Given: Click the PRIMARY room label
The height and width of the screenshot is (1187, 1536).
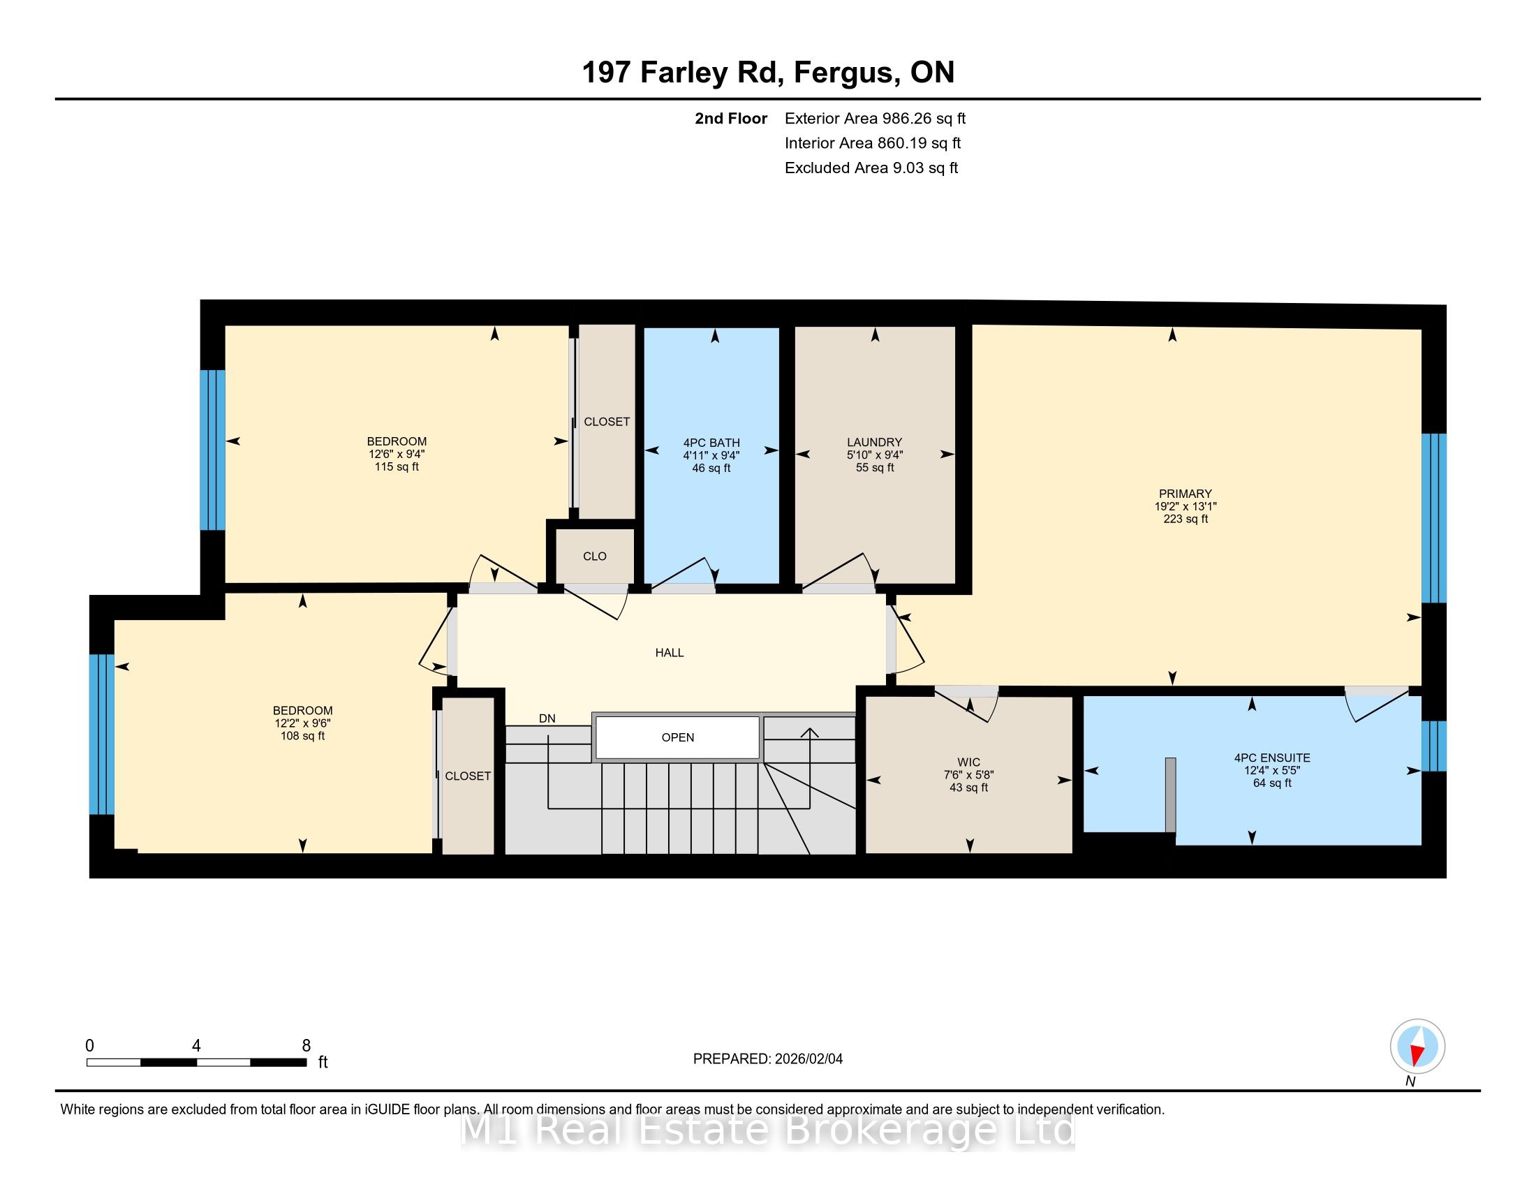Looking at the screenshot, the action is (x=1185, y=494).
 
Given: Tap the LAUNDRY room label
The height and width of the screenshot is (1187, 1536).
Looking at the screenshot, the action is (x=874, y=442).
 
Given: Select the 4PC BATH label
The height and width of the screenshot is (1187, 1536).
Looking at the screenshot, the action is (x=711, y=443).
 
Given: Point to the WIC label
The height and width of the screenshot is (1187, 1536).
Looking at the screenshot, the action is (x=968, y=762).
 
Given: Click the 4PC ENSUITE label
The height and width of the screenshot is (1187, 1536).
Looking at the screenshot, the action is (x=1271, y=758).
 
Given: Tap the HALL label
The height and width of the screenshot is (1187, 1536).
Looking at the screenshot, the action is (x=669, y=653).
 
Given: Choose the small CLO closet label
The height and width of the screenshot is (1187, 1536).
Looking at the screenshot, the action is (x=594, y=556).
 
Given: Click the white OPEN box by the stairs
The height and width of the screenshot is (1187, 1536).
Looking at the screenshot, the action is (x=677, y=737).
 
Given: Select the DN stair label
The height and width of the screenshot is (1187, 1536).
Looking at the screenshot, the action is (x=547, y=718).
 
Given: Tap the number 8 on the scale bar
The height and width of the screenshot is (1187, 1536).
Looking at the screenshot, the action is (x=306, y=1046).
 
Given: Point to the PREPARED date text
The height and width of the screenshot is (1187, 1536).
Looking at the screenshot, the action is (x=767, y=1059).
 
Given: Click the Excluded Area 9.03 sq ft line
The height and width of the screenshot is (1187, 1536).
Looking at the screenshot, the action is (x=871, y=168).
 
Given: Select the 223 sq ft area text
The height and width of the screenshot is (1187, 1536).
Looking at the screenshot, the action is (x=1185, y=519).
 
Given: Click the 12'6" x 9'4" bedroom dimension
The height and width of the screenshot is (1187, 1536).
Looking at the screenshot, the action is (x=397, y=455).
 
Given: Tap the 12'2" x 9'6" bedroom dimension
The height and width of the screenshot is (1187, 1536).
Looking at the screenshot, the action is (x=302, y=723).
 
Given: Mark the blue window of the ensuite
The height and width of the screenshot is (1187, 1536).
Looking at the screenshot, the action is (x=1433, y=746).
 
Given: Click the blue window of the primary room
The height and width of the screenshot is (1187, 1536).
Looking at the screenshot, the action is (x=1433, y=518).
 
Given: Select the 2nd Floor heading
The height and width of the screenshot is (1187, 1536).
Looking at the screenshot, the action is (x=731, y=119).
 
